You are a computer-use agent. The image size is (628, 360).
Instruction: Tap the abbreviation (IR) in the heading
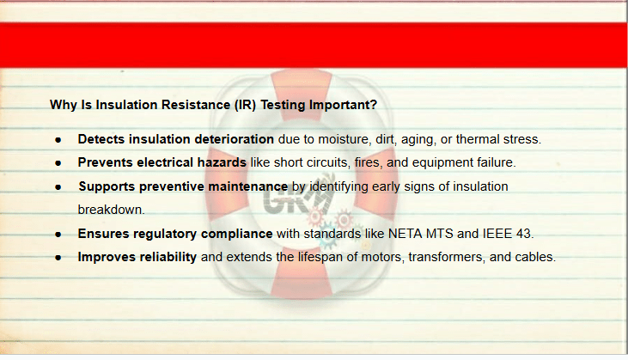click(245, 105)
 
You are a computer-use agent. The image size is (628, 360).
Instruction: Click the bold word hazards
click(222, 162)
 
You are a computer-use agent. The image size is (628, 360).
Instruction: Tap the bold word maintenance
click(248, 186)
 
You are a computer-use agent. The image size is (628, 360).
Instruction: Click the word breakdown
click(111, 210)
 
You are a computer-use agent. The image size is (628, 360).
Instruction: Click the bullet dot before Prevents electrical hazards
click(58, 163)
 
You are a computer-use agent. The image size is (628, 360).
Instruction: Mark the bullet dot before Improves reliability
click(58, 258)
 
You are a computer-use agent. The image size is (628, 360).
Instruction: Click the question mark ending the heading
click(374, 105)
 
